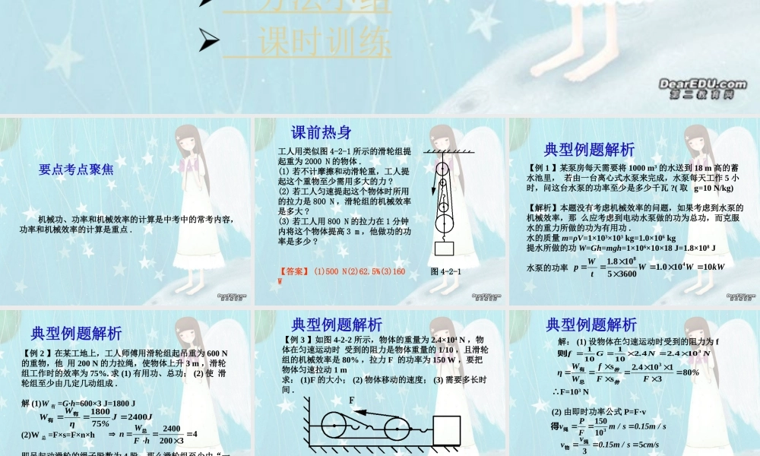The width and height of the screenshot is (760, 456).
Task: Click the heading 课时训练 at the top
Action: tap(324, 43)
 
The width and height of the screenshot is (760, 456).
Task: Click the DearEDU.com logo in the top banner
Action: tap(702, 88)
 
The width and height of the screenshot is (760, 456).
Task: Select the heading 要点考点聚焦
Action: tap(77, 170)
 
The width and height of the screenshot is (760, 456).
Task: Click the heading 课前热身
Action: tap(321, 132)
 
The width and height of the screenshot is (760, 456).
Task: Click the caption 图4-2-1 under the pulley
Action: tap(445, 271)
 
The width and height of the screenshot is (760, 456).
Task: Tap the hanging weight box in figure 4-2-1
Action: tap(445, 248)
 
